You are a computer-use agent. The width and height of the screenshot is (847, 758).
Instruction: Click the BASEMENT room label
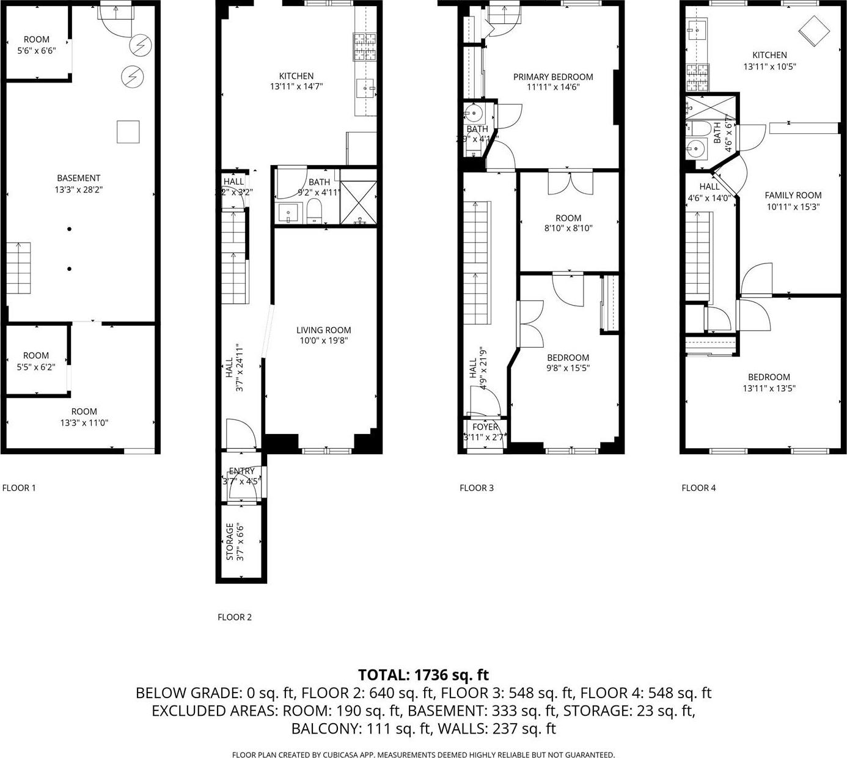pyautogui.click(x=79, y=178)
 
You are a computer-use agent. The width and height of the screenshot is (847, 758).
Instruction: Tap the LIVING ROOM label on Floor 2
pyautogui.click(x=323, y=330)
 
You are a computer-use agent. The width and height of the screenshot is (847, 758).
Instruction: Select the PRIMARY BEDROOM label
pyautogui.click(x=552, y=77)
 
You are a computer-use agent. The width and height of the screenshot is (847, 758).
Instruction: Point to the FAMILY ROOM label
pyautogui.click(x=793, y=196)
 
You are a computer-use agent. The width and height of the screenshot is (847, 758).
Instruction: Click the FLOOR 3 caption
pyautogui.click(x=476, y=488)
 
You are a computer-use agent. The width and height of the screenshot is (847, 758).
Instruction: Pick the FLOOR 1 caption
pyautogui.click(x=19, y=488)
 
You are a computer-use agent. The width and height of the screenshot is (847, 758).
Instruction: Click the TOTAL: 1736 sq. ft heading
pyautogui.click(x=423, y=675)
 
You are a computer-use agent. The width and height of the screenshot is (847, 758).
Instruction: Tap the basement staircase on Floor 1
pyautogui.click(x=19, y=268)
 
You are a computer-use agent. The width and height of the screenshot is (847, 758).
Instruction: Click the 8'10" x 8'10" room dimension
pyautogui.click(x=568, y=228)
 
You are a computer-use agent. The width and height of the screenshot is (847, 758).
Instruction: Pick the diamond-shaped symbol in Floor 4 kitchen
pyautogui.click(x=812, y=29)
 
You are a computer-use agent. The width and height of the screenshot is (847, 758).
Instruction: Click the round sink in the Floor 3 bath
pyautogui.click(x=472, y=113)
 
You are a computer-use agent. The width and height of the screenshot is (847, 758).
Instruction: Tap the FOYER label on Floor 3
pyautogui.click(x=485, y=427)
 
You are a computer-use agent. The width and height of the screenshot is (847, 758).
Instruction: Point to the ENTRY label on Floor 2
pyautogui.click(x=241, y=471)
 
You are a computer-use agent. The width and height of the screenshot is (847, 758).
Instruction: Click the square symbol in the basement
pyautogui.click(x=128, y=132)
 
